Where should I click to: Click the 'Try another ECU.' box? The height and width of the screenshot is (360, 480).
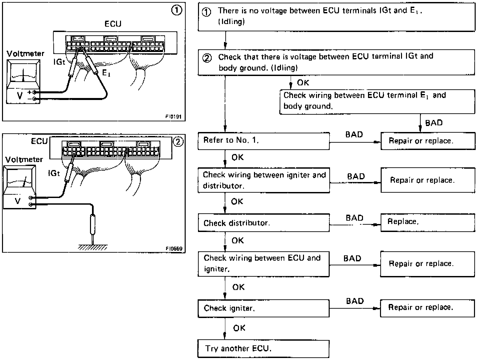[263, 349]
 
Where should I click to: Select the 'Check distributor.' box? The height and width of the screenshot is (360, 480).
[263, 223]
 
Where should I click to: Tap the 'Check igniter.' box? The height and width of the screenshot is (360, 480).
[263, 308]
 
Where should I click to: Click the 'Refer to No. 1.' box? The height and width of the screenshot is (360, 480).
[263, 141]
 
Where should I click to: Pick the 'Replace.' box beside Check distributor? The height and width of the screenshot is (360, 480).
[428, 222]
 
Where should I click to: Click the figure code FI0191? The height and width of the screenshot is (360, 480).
[174, 117]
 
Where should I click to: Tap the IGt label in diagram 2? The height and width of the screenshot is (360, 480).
[54, 173]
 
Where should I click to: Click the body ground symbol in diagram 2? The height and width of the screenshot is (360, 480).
[93, 247]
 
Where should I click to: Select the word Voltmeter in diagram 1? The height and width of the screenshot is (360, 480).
[25, 54]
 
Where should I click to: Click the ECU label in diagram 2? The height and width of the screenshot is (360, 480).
[39, 141]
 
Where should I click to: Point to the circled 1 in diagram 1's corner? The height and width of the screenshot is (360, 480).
[177, 10]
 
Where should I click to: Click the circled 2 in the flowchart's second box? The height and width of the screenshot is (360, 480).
[207, 58]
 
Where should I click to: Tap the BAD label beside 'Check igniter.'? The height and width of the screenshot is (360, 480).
[355, 301]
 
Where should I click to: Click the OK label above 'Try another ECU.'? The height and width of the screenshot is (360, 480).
[239, 328]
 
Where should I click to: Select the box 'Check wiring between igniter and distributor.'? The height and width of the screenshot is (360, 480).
[263, 180]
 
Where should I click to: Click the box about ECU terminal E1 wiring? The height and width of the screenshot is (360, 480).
[377, 101]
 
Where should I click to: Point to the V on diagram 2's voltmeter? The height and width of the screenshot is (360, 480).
[18, 201]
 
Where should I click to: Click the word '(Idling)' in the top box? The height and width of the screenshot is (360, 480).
[232, 22]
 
